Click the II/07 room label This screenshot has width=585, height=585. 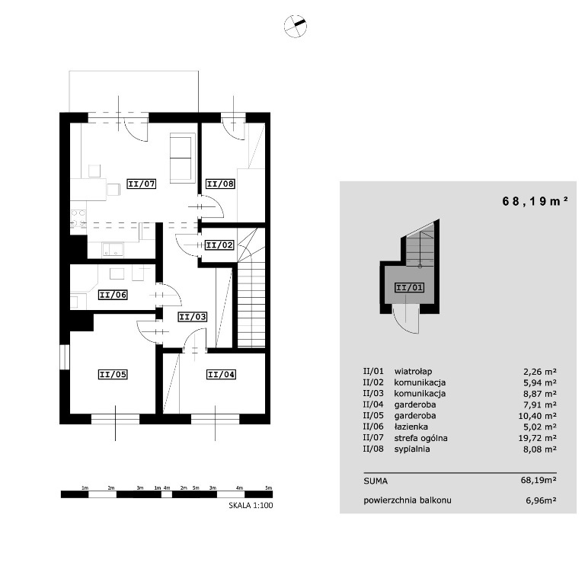coord(141,184)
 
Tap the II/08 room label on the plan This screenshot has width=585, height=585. coord(220,184)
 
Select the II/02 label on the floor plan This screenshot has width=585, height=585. coord(219,245)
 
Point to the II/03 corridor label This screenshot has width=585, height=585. coord(193,317)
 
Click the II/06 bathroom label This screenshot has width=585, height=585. coord(113,295)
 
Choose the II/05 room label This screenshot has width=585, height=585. coord(113,374)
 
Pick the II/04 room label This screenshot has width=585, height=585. coord(221,374)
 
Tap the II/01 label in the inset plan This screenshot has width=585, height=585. coord(409,288)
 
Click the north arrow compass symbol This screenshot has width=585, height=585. coord(295,27)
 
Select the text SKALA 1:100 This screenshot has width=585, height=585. coord(251,506)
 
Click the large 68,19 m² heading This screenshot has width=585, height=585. coord(535,201)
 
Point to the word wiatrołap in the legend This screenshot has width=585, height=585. coord(413,372)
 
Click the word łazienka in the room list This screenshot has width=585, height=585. coord(411,427)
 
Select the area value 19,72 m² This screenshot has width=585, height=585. coord(537,438)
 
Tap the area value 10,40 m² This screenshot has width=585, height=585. coord(537,416)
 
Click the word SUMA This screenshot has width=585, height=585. coord(376,481)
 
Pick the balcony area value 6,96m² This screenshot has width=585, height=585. coord(541,500)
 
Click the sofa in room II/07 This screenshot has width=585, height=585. coord(183,158)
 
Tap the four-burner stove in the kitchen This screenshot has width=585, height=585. coord(78,219)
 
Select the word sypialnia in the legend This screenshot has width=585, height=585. coord(412,449)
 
